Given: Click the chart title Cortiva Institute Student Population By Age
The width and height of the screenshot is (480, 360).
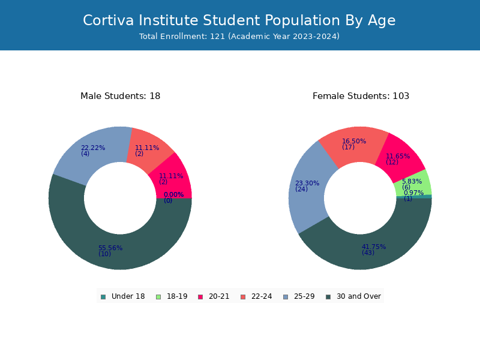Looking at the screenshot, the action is [x=239, y=20].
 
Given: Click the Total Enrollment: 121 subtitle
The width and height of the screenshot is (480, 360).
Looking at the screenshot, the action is [x=239, y=37].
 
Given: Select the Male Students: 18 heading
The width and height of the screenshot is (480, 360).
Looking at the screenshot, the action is [x=121, y=96].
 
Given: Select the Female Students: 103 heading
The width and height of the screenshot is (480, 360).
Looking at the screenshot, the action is [x=361, y=96].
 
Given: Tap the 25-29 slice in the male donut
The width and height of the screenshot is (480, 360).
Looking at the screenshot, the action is [x=92, y=153].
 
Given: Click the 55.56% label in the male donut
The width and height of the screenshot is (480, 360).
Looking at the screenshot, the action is [x=110, y=248].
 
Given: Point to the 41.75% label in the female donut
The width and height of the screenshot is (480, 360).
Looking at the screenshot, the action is [x=374, y=247].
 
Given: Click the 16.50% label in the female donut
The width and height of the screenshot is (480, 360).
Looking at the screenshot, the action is [x=354, y=141].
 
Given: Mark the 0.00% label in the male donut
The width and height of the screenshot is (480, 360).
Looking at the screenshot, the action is [x=173, y=194].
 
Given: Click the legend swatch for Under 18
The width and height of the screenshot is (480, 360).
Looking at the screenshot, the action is [x=103, y=297].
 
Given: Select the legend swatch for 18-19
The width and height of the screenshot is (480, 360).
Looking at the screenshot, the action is [x=158, y=297].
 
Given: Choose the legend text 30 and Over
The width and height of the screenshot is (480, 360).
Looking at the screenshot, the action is [x=359, y=296].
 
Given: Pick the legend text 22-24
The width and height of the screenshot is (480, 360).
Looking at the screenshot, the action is [x=262, y=296].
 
